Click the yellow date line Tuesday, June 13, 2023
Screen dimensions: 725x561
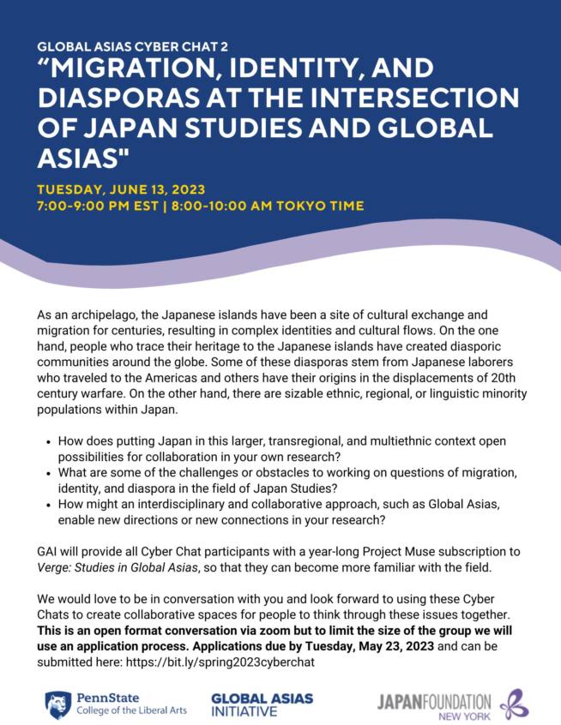121,189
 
